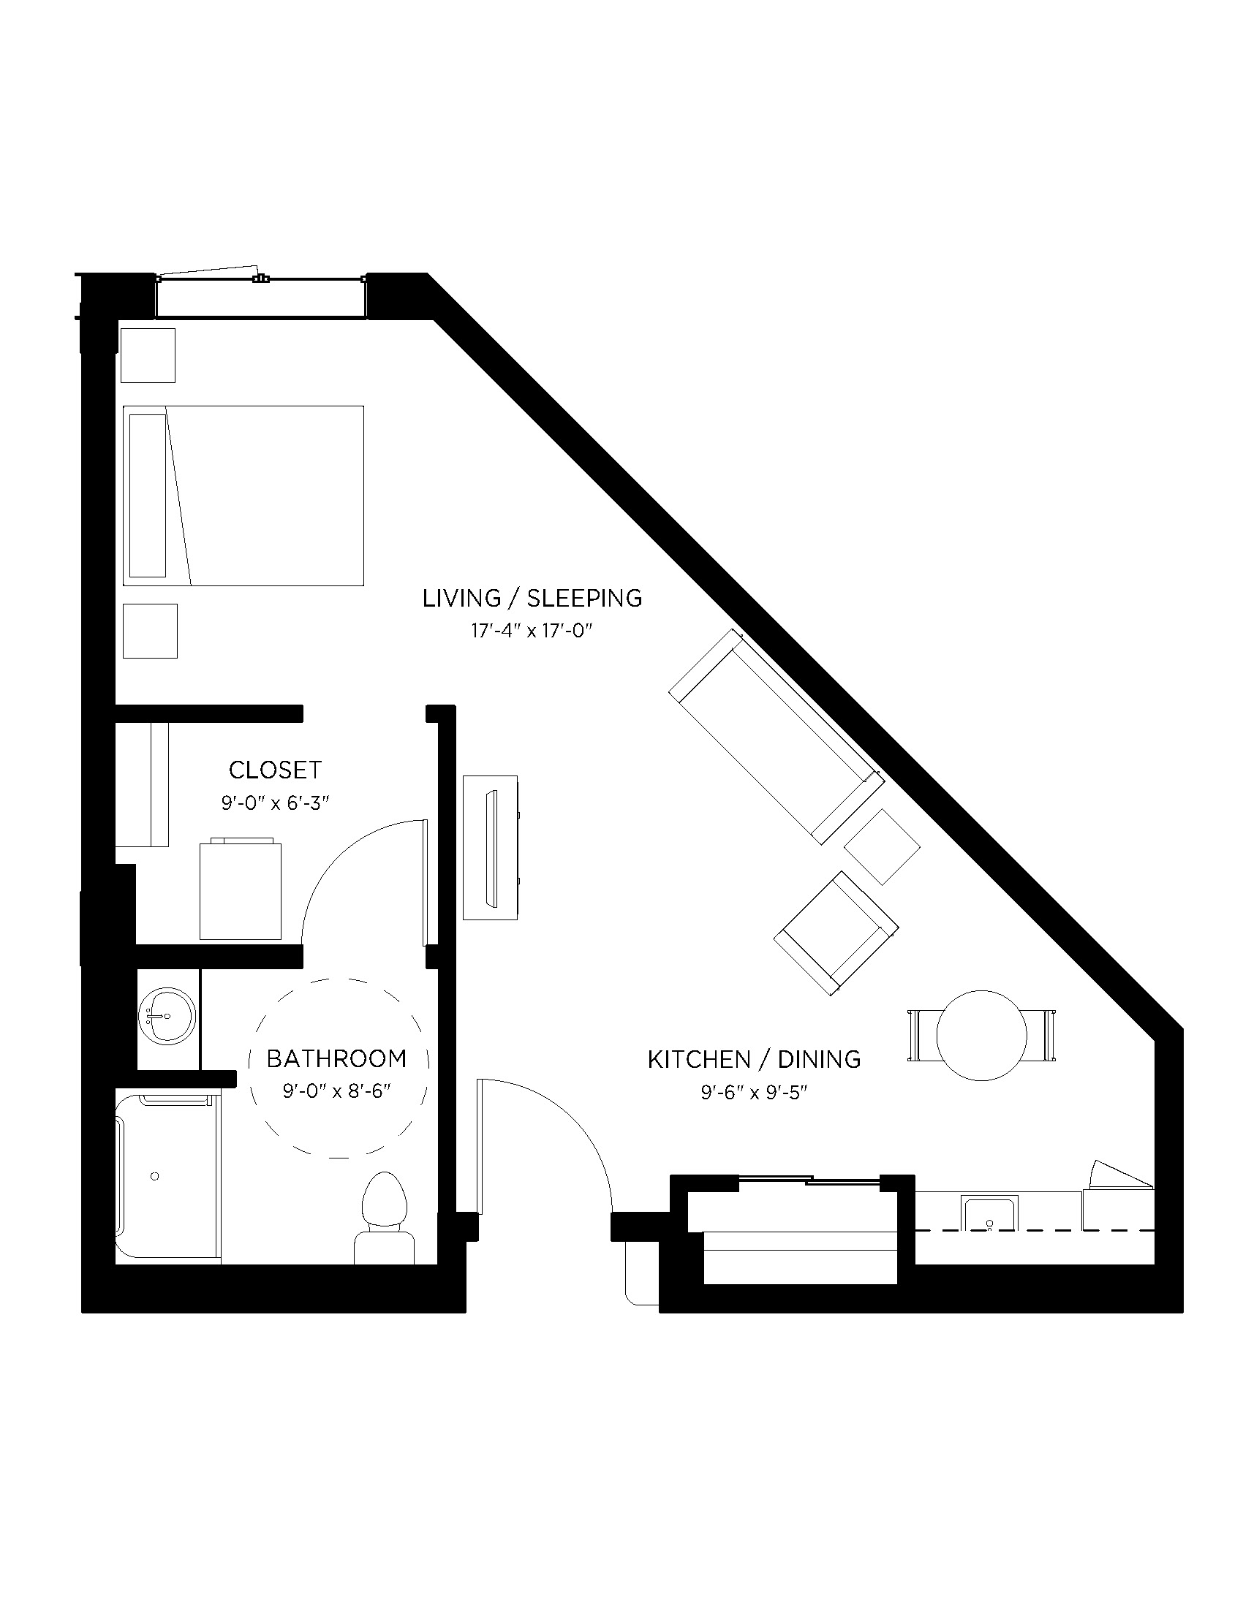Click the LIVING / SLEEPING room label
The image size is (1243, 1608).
532,598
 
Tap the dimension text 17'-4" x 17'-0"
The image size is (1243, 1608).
532,631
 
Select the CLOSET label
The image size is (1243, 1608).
275,770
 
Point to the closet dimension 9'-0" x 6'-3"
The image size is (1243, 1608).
275,803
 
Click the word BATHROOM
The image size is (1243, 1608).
336,1059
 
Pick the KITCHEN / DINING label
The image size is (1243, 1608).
754,1060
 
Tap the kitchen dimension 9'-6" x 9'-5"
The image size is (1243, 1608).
754,1093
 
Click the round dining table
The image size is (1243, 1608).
981,1035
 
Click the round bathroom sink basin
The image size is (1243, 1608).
167,1016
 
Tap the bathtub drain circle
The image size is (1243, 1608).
154,1177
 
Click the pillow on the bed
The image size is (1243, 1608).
147,496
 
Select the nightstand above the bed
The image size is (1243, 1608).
148,356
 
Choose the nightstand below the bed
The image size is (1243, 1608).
150,631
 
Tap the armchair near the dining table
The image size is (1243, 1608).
836,933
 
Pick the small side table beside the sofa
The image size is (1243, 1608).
882,846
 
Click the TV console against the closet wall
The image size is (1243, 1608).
490,846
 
